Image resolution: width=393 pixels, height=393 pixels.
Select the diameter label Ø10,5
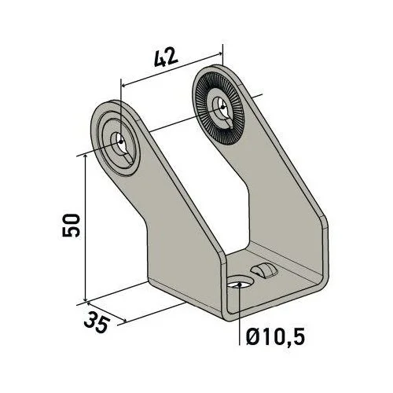[273, 337]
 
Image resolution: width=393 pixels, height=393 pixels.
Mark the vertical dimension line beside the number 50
[84, 228]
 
